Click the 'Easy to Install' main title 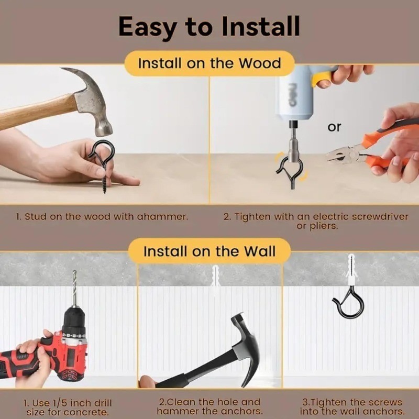point(209,27)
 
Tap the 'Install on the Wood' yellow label point(210,63)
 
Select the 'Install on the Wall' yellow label point(209,251)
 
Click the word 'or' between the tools point(334,127)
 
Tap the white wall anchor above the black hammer point(215,281)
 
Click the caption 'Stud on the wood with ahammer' point(102,216)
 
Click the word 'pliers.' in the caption point(317,226)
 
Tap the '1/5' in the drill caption point(57,403)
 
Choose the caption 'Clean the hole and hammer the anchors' point(209,406)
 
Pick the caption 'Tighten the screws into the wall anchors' point(352,406)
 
